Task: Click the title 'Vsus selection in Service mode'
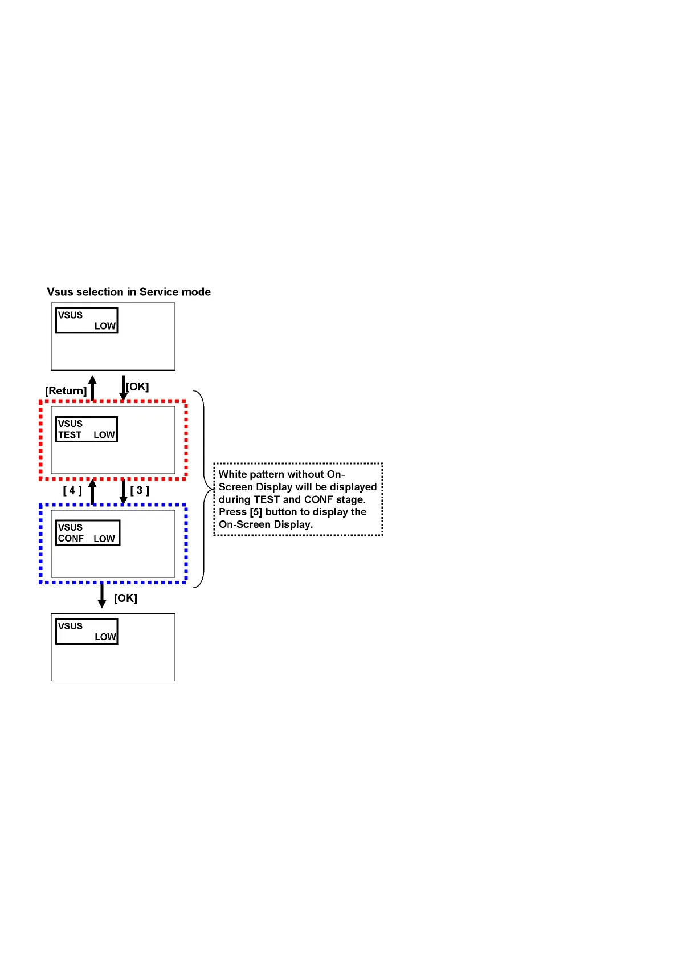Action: coord(129,292)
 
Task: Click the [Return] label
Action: coord(66,390)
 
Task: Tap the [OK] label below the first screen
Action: coord(137,387)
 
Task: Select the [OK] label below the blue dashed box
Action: coord(125,598)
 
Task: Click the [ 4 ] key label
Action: coord(72,490)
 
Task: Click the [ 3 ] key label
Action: coord(140,490)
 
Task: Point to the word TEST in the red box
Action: coord(70,435)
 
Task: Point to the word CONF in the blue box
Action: coord(71,539)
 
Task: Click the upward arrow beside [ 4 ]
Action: coord(92,491)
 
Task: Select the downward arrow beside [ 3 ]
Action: coord(123,491)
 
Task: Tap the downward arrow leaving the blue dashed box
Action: coord(102,595)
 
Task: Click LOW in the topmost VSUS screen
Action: coord(105,326)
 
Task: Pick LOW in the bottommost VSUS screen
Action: coord(105,637)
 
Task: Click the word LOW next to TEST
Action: coord(104,435)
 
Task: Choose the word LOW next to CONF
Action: coord(104,539)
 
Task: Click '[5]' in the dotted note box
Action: coord(256,512)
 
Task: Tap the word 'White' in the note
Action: coord(232,474)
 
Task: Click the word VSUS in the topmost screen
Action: coord(70,315)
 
